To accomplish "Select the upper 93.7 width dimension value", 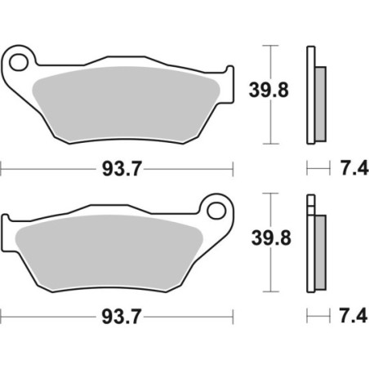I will coord(117,169).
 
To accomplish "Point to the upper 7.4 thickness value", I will coord(351,169).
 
